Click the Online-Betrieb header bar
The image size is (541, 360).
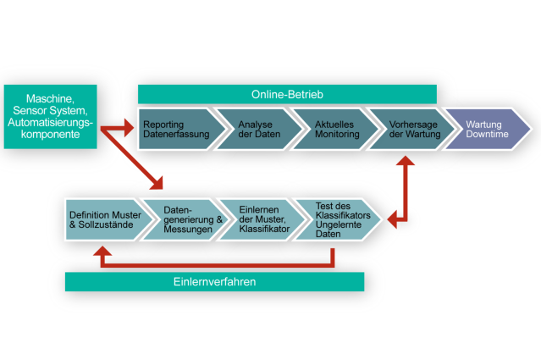pyautogui.click(x=287, y=93)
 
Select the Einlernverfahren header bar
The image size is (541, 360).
pyautogui.click(x=214, y=281)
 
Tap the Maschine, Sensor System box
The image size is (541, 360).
pyautogui.click(x=49, y=116)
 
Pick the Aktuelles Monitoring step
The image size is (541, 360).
pyautogui.click(x=330, y=130)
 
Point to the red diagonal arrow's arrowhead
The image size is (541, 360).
pyautogui.click(x=157, y=183)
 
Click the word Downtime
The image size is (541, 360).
pyautogui.click(x=488, y=136)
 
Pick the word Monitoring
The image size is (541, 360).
pyautogui.click(x=337, y=136)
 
